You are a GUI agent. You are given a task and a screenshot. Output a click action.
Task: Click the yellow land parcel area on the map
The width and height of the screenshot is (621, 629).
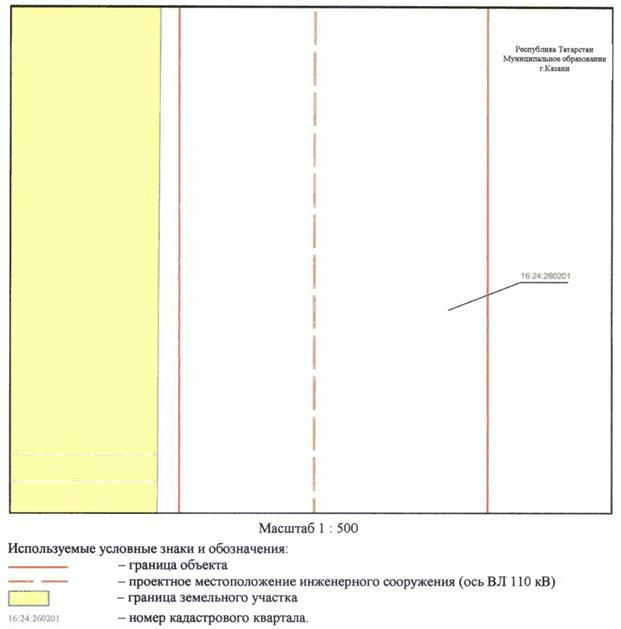pyautogui.click(x=84, y=250)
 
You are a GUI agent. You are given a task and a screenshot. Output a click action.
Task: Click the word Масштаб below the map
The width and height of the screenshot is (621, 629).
pyautogui.click(x=290, y=526)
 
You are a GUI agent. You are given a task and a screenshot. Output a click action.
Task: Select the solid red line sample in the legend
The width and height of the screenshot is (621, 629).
pyautogui.click(x=37, y=567)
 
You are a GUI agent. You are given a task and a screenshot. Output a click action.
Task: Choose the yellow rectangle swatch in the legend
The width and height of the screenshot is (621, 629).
pyautogui.click(x=37, y=599)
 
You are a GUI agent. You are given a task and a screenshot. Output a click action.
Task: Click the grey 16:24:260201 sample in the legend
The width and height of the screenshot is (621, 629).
pyautogui.click(x=34, y=618)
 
